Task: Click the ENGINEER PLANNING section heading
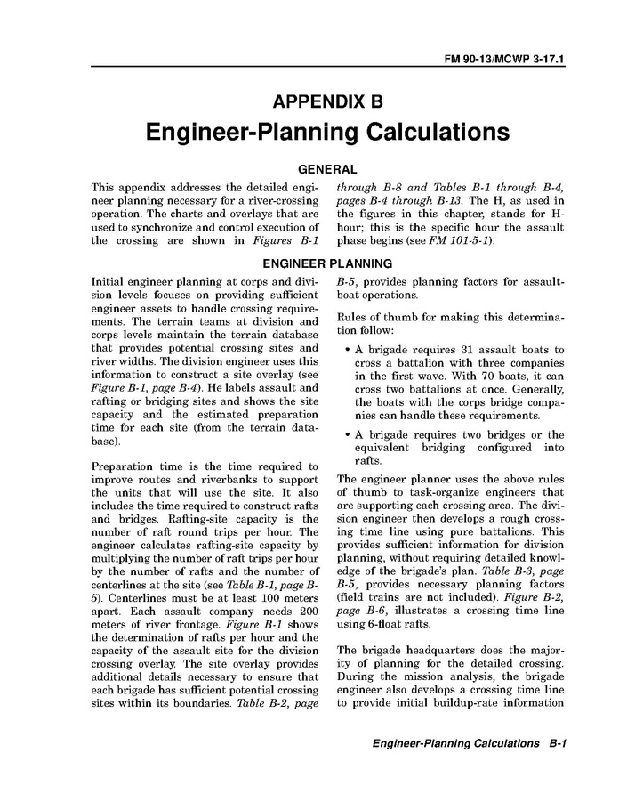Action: [x=328, y=263]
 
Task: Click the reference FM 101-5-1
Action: [x=464, y=241]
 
